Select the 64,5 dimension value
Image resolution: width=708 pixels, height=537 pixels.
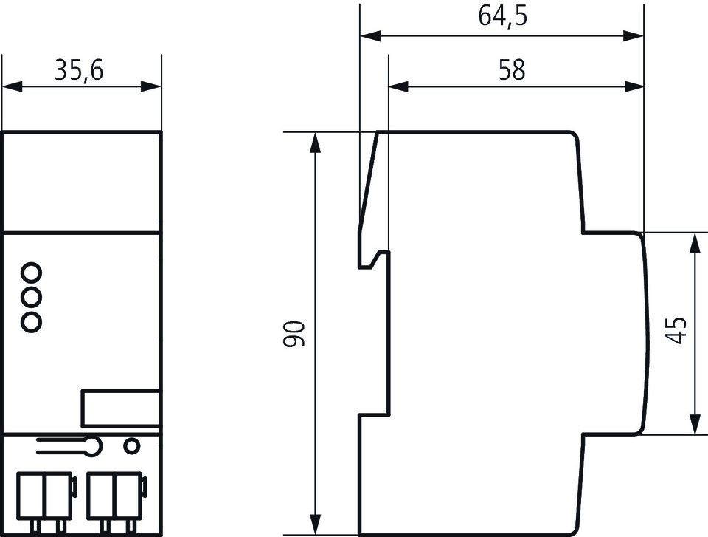pyautogui.click(x=503, y=17)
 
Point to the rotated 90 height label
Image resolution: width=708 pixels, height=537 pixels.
pyautogui.click(x=295, y=334)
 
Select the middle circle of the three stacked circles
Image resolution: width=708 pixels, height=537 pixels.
pyautogui.click(x=32, y=297)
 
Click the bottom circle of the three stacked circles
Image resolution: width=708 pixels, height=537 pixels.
pyautogui.click(x=32, y=321)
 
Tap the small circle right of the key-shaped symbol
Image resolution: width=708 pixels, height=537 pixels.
pyautogui.click(x=131, y=445)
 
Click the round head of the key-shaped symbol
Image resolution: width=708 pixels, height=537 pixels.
pyautogui.click(x=93, y=445)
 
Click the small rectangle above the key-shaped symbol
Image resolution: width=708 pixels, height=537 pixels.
pyautogui.click(x=121, y=408)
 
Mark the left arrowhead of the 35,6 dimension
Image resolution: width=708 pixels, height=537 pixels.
pyautogui.click(x=9, y=86)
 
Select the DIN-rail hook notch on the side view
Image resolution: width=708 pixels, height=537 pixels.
pyautogui.click(x=376, y=258)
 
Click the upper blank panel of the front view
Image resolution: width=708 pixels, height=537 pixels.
pyautogui.click(x=81, y=182)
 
